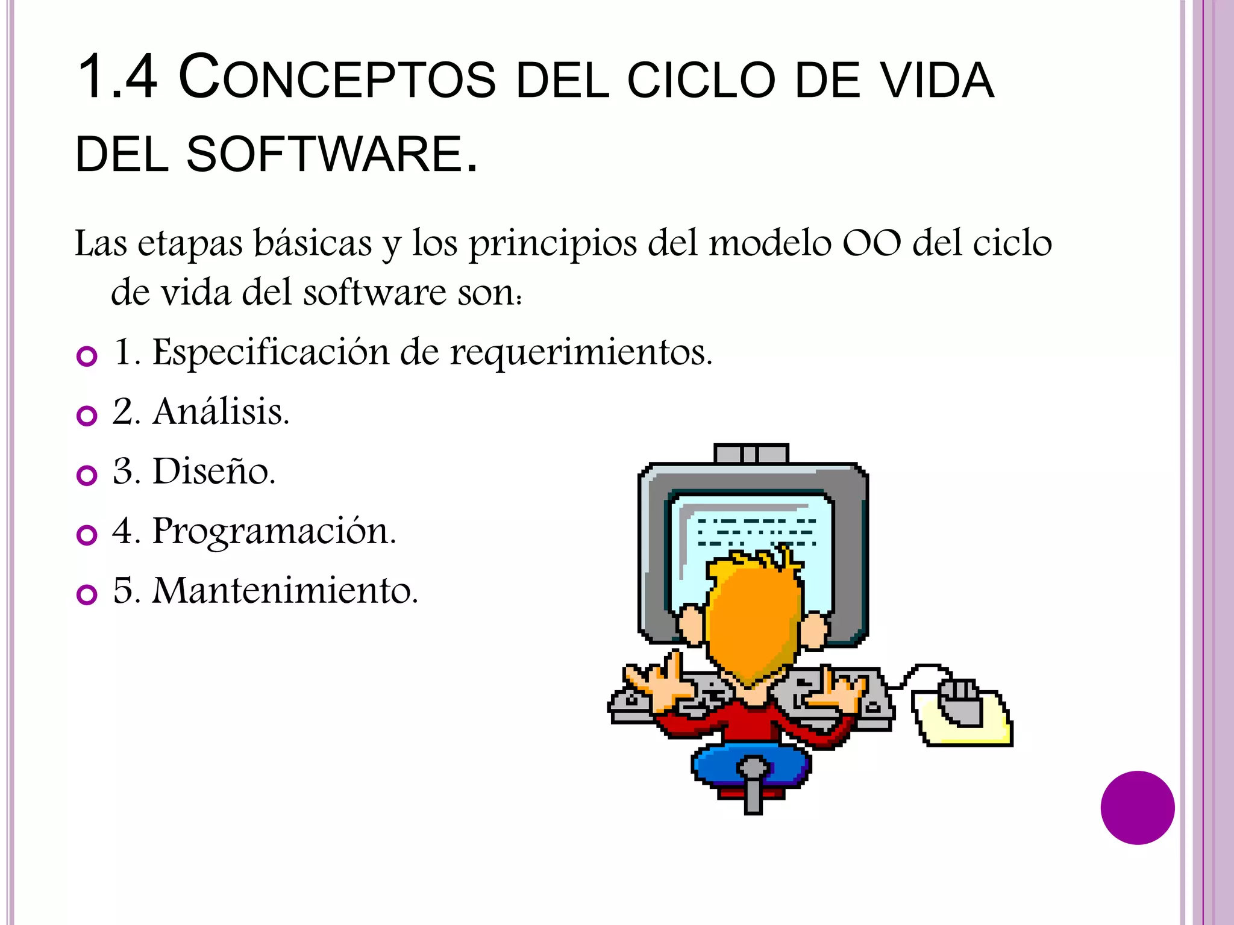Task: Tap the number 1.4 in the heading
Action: (x=117, y=77)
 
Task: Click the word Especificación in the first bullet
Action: (x=271, y=352)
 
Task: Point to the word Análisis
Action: (x=221, y=412)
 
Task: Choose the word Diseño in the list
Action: (x=214, y=471)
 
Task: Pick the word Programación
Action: (x=274, y=531)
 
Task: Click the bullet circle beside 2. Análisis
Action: (x=87, y=416)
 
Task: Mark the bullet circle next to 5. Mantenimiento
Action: (x=87, y=594)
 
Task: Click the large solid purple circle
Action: (x=1137, y=808)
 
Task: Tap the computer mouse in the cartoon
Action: (x=961, y=702)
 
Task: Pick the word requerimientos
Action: (x=581, y=353)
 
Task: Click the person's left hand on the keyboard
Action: (x=657, y=684)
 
